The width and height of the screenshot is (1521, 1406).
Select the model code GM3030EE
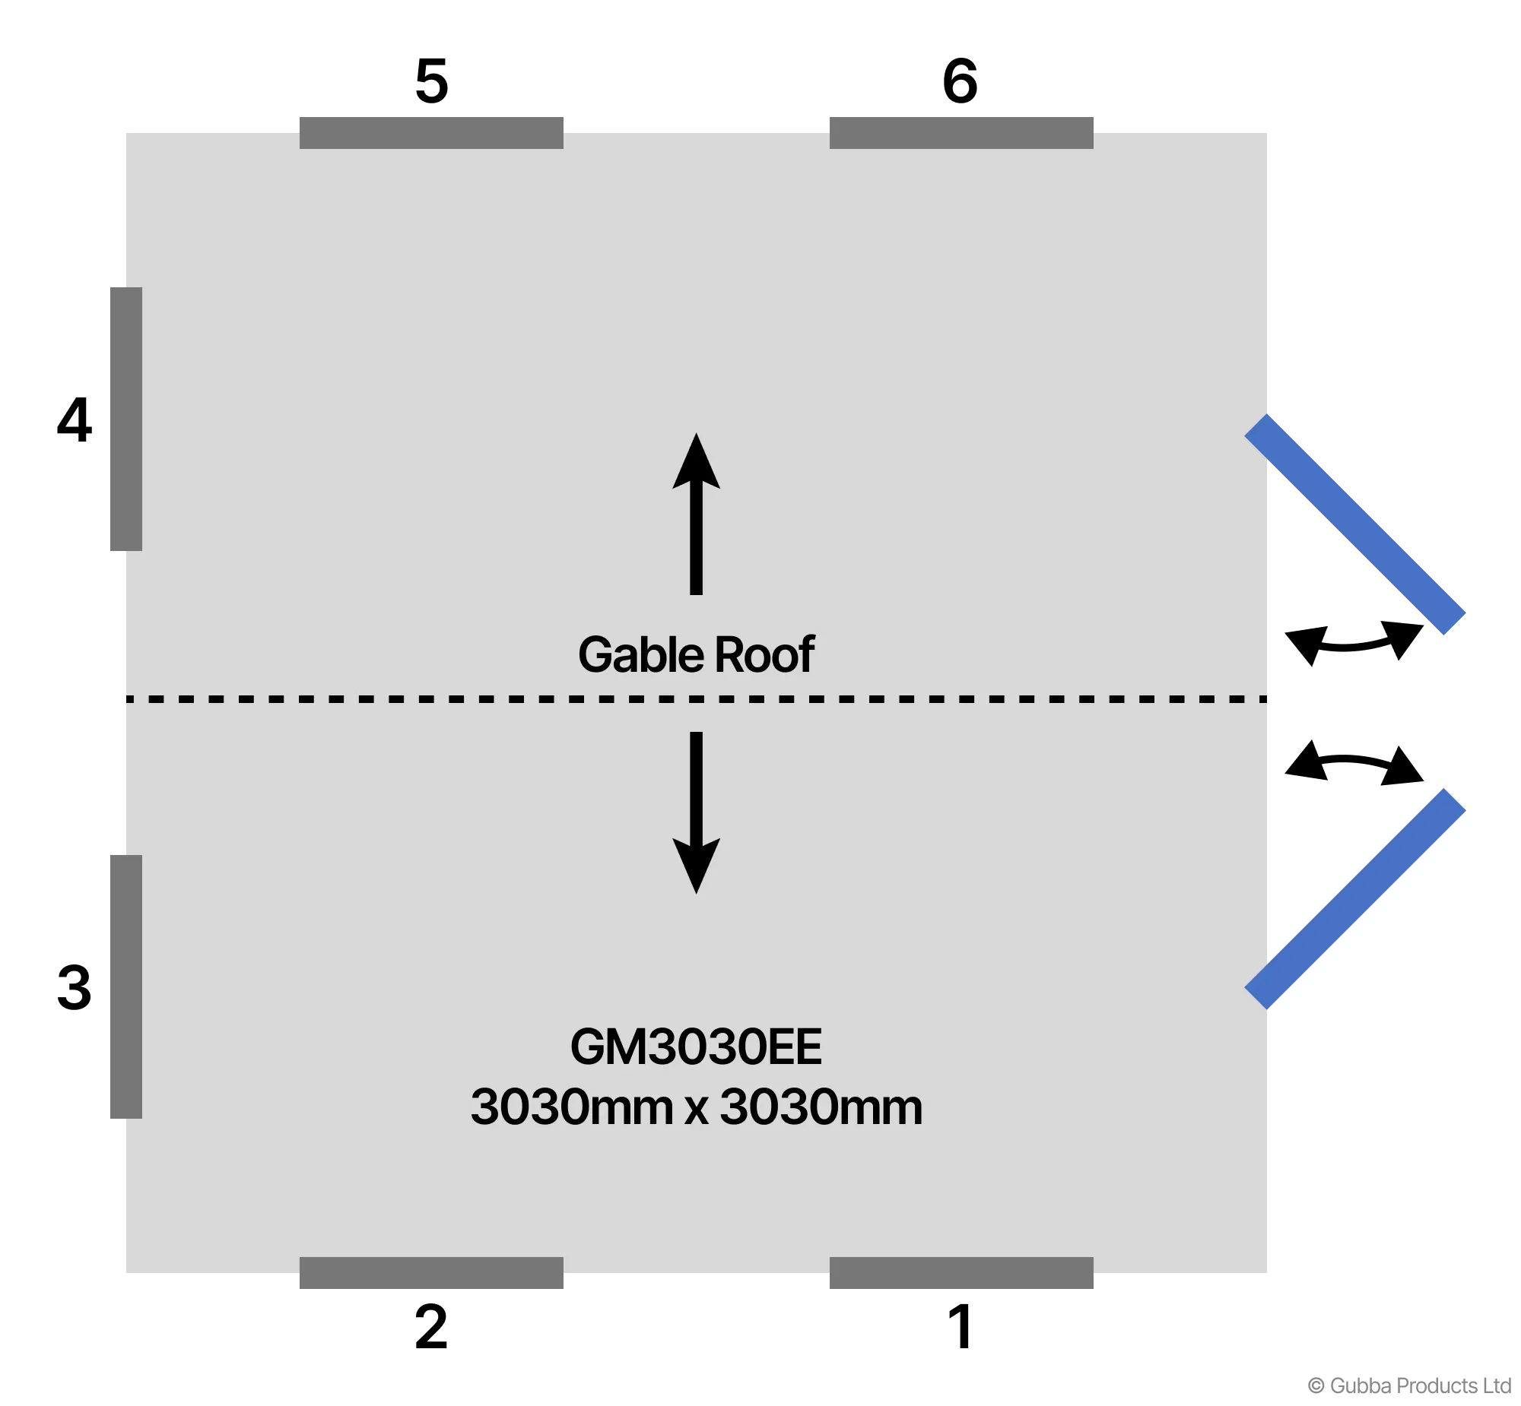tap(696, 1047)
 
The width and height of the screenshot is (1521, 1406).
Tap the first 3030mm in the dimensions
tap(571, 1108)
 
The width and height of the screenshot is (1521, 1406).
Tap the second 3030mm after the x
tap(821, 1108)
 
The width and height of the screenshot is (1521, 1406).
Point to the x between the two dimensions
tap(696, 1111)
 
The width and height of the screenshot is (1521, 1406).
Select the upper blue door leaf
tap(1355, 525)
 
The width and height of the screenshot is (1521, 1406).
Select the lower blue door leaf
tap(1355, 898)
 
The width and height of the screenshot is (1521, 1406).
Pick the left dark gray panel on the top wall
tap(431, 132)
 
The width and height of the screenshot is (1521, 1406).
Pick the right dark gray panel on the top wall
tap(961, 132)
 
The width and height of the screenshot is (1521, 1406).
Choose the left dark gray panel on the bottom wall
tap(431, 1273)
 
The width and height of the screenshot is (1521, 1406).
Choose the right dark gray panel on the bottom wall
tap(961, 1273)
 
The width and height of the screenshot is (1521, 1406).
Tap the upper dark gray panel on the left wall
tap(125, 420)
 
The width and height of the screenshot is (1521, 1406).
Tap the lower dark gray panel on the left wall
tap(125, 986)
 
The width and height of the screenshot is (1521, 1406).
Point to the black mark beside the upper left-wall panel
tap(81, 420)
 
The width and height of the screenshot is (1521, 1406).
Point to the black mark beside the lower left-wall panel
tap(81, 987)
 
